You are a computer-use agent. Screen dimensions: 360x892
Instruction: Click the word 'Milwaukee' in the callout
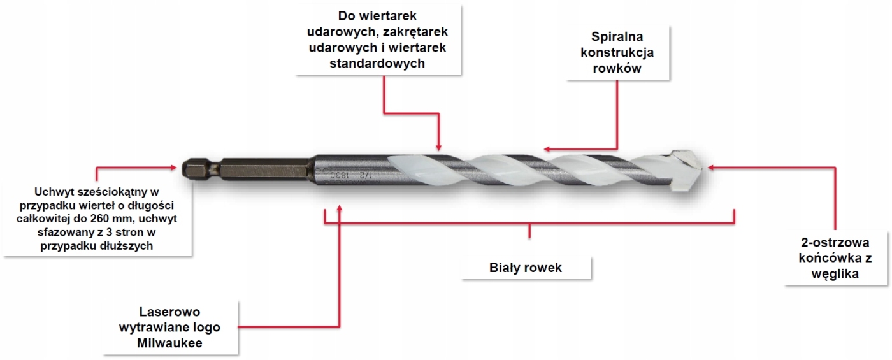pos(170,343)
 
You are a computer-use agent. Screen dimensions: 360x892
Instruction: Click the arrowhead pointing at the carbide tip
pos(712,168)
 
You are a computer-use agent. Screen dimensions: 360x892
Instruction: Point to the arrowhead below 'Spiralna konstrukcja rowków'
pos(546,149)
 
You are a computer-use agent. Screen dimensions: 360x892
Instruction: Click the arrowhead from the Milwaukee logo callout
pos(340,208)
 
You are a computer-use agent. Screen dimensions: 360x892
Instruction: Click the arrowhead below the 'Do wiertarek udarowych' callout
pos(439,145)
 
